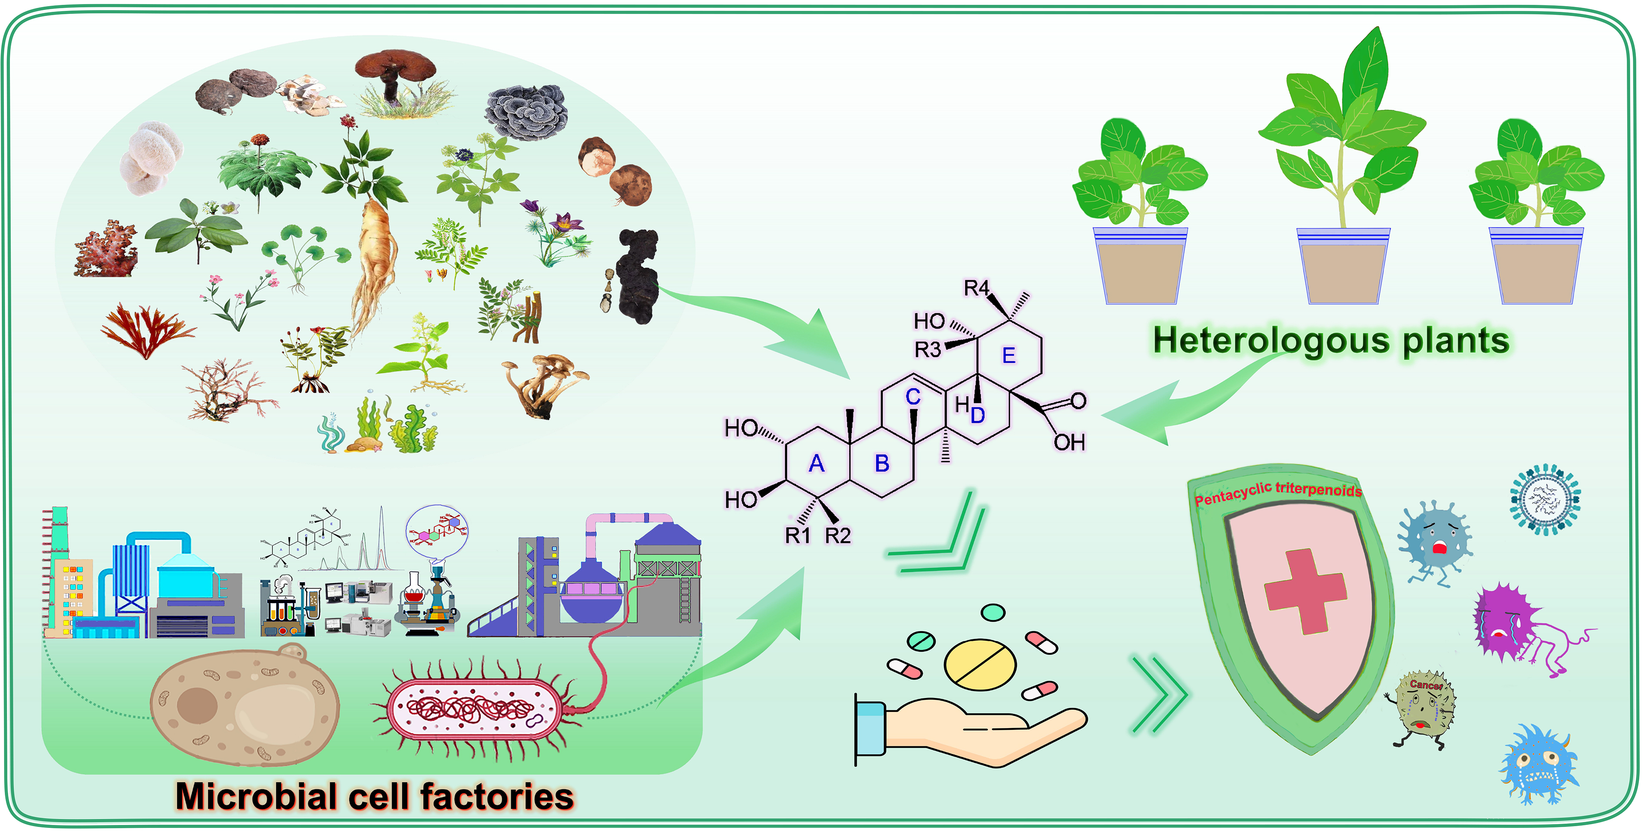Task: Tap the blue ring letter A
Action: click(817, 464)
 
